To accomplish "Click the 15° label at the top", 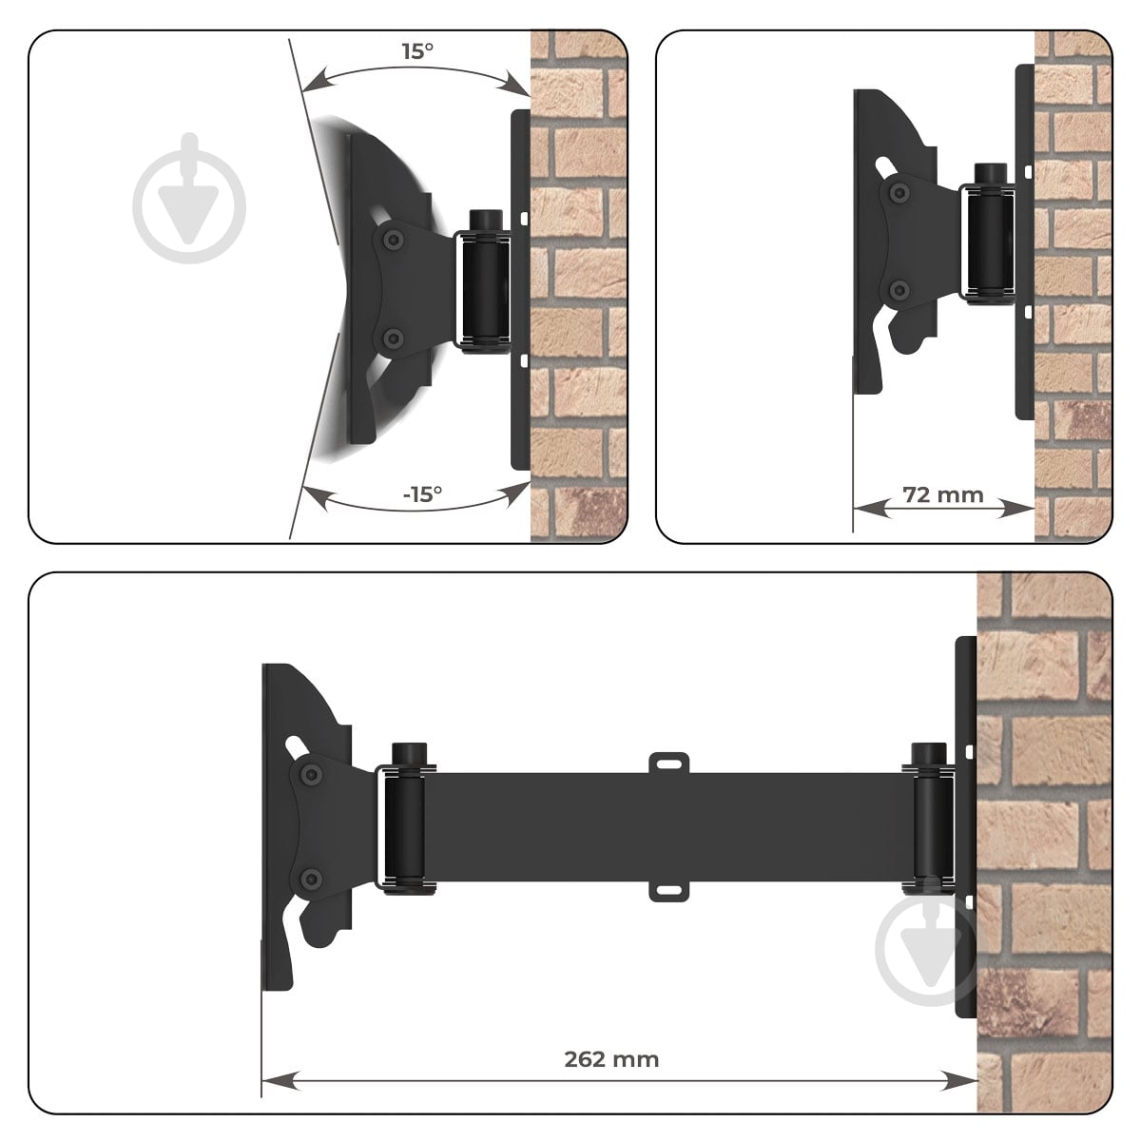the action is click(417, 51).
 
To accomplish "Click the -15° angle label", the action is click(422, 493).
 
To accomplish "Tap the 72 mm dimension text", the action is click(942, 495).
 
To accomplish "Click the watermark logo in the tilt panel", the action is click(189, 198).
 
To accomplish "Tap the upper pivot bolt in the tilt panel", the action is click(391, 239).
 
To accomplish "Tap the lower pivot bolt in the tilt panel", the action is click(391, 339).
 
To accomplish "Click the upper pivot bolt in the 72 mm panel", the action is click(900, 192).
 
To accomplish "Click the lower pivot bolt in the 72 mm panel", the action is click(899, 290).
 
